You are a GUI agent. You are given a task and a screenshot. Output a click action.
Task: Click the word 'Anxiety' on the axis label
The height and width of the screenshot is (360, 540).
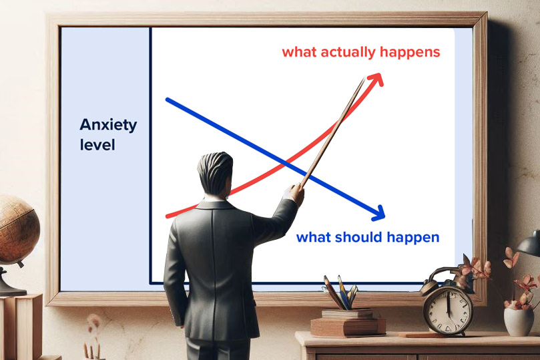point(108,125)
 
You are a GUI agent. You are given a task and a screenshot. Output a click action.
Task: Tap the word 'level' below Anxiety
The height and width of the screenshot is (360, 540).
point(97,145)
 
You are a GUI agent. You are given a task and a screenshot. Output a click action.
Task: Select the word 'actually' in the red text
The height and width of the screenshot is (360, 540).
point(348,52)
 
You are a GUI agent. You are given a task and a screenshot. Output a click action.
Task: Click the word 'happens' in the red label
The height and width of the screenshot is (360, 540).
point(410,52)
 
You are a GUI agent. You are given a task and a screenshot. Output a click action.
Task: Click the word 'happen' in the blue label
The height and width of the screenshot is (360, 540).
point(413,238)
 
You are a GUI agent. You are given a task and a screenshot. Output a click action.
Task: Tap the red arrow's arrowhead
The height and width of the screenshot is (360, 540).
point(376,79)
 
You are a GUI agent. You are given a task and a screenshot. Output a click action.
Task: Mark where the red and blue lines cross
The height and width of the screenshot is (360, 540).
point(285,164)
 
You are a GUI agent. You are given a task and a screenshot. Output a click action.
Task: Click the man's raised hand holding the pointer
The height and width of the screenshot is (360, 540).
point(295,193)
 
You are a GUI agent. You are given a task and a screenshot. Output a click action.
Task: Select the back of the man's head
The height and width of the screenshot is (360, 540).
point(215,173)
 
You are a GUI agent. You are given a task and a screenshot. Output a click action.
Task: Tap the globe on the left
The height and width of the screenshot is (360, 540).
point(17,230)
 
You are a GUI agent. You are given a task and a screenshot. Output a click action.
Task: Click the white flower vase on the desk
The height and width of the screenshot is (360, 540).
point(519,321)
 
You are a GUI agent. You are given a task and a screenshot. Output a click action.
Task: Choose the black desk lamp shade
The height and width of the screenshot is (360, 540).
point(529,244)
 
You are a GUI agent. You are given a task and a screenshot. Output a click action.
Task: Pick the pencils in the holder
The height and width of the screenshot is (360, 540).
point(341,292)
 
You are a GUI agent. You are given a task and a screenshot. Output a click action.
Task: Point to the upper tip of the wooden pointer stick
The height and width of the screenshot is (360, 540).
point(364,77)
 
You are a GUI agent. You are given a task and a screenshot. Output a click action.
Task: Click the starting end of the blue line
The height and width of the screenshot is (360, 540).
point(167,100)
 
